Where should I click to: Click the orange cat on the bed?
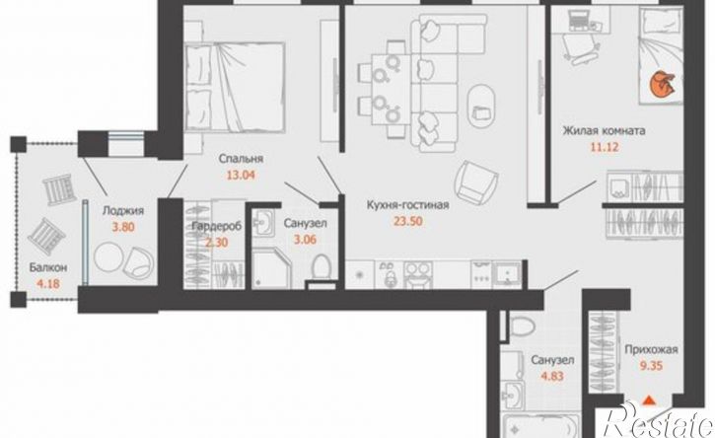pyautogui.click(x=662, y=85)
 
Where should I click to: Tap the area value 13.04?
pyautogui.click(x=241, y=175)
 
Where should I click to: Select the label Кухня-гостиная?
pyautogui.click(x=407, y=205)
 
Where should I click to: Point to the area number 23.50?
pyautogui.click(x=407, y=222)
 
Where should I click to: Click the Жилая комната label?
pyautogui.click(x=604, y=131)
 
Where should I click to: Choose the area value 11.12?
pyautogui.click(x=605, y=147)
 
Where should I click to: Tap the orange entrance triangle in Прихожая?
pyautogui.click(x=648, y=401)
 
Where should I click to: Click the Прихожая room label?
pyautogui.click(x=651, y=350)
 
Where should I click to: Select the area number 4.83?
pyautogui.click(x=552, y=377)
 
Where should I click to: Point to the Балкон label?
pyautogui.click(x=48, y=267)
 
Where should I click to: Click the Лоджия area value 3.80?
pyautogui.click(x=123, y=227)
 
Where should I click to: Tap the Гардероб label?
pyautogui.click(x=216, y=226)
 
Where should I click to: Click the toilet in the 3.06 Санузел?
pyautogui.click(x=322, y=266)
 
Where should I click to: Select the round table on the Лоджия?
pyautogui.click(x=108, y=257)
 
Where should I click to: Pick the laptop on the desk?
pyautogui.click(x=579, y=20)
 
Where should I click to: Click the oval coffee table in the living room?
pyautogui.click(x=481, y=106)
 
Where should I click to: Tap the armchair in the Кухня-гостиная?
pyautogui.click(x=475, y=181)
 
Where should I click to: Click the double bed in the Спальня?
pyautogui.click(x=236, y=86)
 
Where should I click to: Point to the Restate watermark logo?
pyautogui.click(x=657, y=420)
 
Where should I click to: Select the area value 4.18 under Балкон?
pyautogui.click(x=48, y=285)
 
